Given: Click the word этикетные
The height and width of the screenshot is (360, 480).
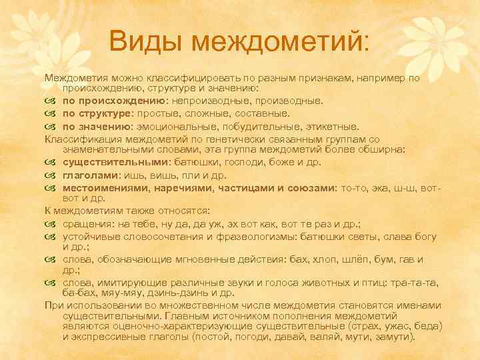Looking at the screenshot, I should click(332, 125).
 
